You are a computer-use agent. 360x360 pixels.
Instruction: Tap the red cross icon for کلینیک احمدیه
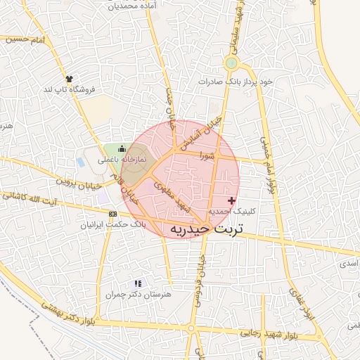pos(232,201)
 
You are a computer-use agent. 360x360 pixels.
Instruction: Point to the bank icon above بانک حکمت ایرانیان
pos(112,213)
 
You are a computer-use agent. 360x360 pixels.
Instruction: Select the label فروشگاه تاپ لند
pos(69,90)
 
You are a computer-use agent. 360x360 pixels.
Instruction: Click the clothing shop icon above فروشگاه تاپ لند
pos(69,79)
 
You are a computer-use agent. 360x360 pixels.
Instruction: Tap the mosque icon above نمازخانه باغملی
pos(122,148)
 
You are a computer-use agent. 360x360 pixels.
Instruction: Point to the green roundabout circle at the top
pos(231,64)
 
